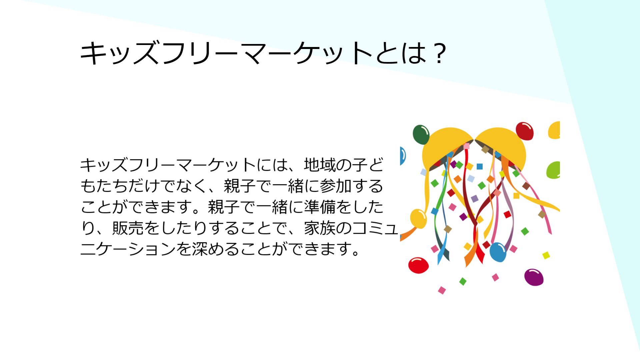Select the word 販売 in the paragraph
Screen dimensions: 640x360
pos(128,228)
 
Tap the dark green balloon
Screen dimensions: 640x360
pos(421,135)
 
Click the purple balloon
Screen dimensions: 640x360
pos(534,277)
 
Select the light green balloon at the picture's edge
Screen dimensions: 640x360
pos(554,170)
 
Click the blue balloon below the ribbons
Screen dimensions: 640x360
pos(498,252)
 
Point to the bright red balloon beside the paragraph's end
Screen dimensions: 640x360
pos(418,265)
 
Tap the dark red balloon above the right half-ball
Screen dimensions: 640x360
pos(525,131)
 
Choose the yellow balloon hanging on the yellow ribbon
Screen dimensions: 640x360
pos(418,219)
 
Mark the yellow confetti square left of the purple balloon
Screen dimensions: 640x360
pos(546,255)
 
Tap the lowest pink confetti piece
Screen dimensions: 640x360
pos(442,290)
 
